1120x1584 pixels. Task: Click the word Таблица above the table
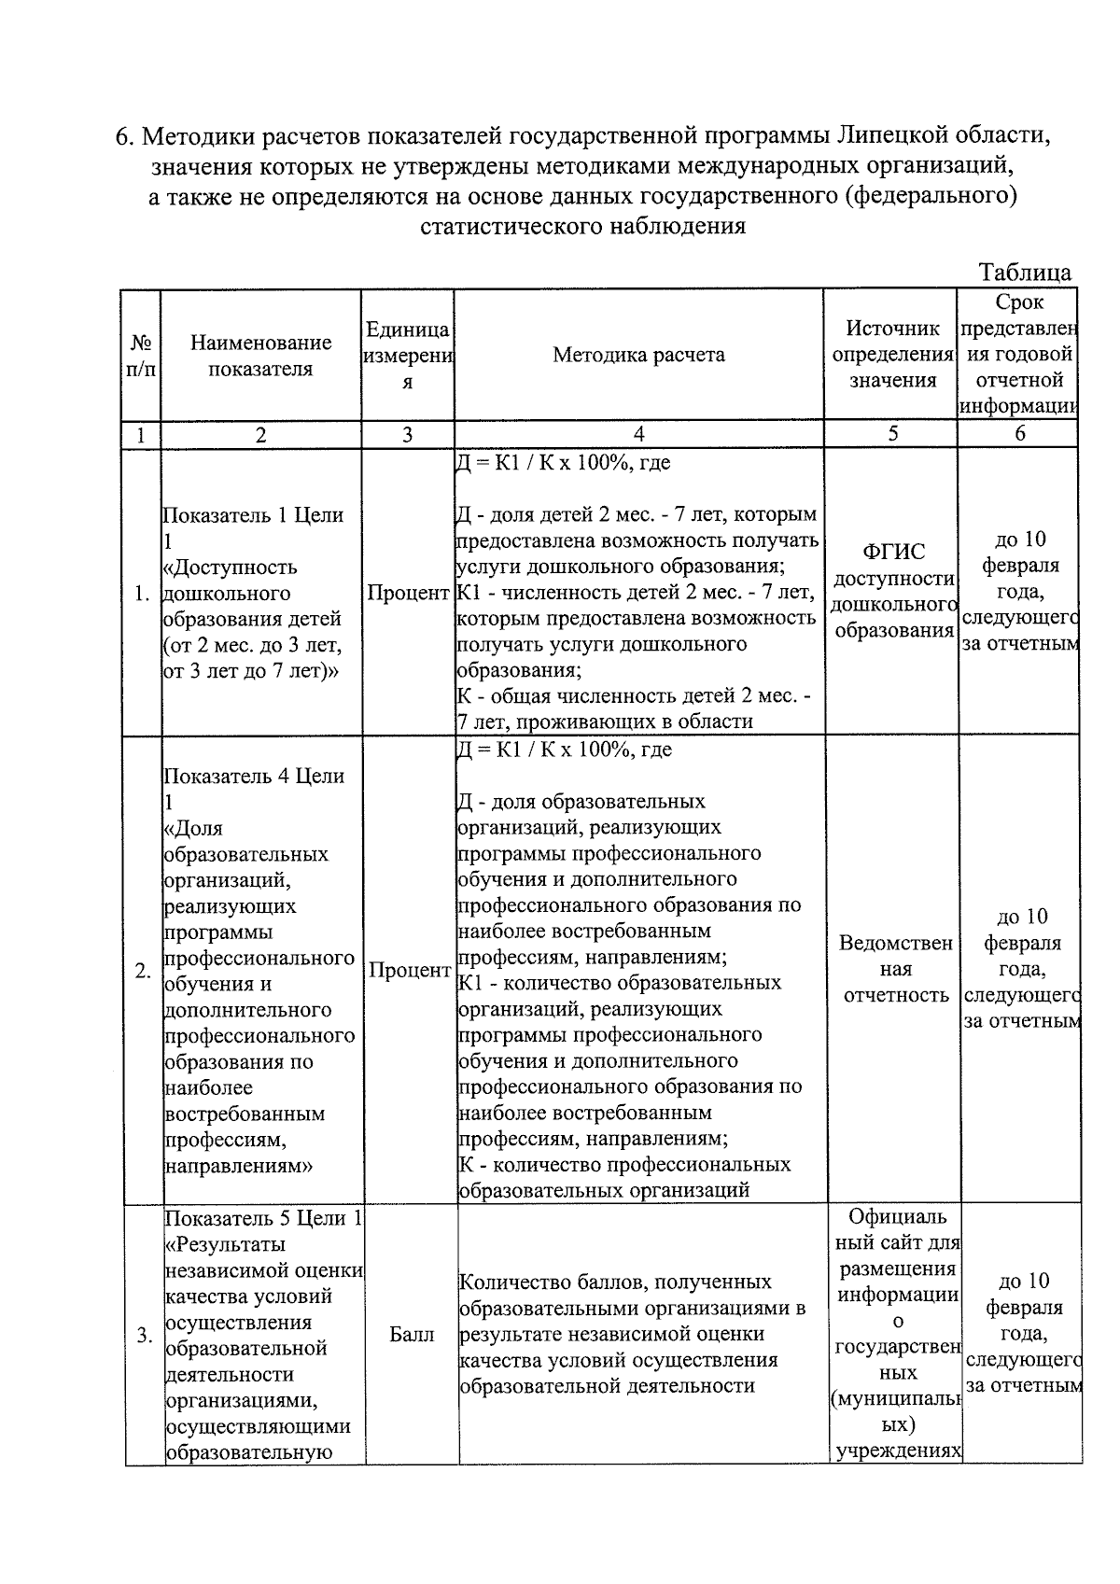tap(1024, 273)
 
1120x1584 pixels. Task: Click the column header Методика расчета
tap(638, 355)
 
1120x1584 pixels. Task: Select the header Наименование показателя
tap(260, 356)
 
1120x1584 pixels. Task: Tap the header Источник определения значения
tap(891, 354)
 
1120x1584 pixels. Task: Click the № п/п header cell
tap(140, 356)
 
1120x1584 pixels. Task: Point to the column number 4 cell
tap(638, 434)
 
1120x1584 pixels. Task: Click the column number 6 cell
tap(1019, 433)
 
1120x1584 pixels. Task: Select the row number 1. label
tap(142, 594)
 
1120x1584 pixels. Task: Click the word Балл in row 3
tap(412, 1335)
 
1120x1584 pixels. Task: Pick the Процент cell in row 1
tap(408, 594)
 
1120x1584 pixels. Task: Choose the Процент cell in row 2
tap(410, 971)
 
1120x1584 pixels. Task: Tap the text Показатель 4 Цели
tap(254, 776)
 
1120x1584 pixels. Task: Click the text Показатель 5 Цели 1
tap(263, 1218)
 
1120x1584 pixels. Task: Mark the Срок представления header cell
tap(1019, 354)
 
